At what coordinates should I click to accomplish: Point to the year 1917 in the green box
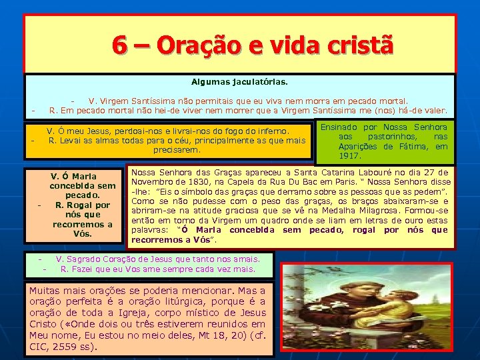[x=350, y=156]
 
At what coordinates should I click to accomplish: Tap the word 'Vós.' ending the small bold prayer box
[x=83, y=234]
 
